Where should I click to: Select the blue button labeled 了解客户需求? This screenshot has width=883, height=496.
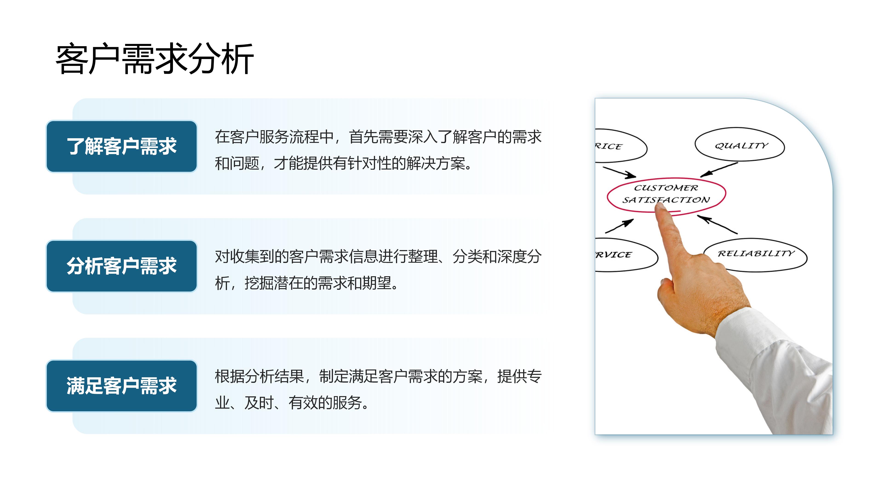pyautogui.click(x=122, y=146)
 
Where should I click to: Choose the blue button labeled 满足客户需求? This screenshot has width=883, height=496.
pyautogui.click(x=122, y=386)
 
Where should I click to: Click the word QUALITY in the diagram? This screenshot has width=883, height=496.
pyautogui.click(x=741, y=146)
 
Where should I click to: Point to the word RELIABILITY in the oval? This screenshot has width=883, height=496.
pyautogui.click(x=756, y=253)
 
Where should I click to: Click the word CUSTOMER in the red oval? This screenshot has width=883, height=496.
pyautogui.click(x=666, y=188)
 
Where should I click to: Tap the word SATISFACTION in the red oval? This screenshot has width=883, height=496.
pyautogui.click(x=666, y=200)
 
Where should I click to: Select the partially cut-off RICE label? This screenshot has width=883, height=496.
pyautogui.click(x=609, y=147)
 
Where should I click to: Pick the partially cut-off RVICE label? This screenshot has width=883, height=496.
pyautogui.click(x=614, y=255)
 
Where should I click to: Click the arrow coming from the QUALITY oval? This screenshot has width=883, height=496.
pyautogui.click(x=718, y=169)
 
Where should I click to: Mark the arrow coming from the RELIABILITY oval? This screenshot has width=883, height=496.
pyautogui.click(x=717, y=225)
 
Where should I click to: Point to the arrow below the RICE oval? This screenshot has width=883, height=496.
pyautogui.click(x=619, y=172)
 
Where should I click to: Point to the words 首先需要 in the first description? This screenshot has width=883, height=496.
pyautogui.click(x=378, y=137)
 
